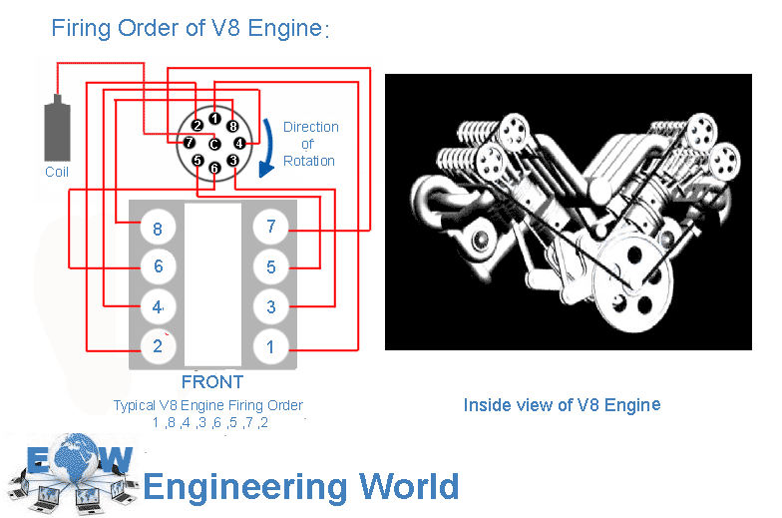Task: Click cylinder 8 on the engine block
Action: pos(158,229)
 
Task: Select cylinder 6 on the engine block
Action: pos(158,267)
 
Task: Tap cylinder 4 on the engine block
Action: pos(158,306)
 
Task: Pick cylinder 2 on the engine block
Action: pos(158,346)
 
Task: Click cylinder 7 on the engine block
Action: pos(270,228)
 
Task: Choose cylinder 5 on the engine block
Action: pos(270,267)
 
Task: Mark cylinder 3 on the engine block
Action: pos(270,307)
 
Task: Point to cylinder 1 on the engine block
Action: pos(270,347)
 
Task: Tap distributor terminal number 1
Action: pos(214,119)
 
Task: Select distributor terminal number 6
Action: pos(214,169)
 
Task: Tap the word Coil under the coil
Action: pos(57,172)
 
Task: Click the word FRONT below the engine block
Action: pos(212,382)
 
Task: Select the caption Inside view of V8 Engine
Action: pos(562,404)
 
